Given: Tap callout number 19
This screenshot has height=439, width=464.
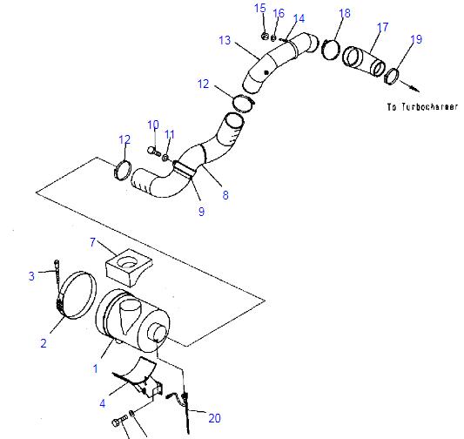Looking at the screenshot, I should [415, 40].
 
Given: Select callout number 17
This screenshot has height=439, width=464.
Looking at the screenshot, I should [380, 28].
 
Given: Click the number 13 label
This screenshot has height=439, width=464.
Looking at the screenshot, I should [225, 40].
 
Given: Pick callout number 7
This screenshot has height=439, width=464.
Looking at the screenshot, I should [93, 241].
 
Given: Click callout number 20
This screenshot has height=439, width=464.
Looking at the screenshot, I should [213, 418].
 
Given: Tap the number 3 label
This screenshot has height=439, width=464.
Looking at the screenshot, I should [31, 276].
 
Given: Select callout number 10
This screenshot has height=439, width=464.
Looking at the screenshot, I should [152, 125].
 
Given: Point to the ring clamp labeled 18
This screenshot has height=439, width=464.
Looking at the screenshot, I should [331, 50].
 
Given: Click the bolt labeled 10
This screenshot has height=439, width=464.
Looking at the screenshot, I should [152, 151].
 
